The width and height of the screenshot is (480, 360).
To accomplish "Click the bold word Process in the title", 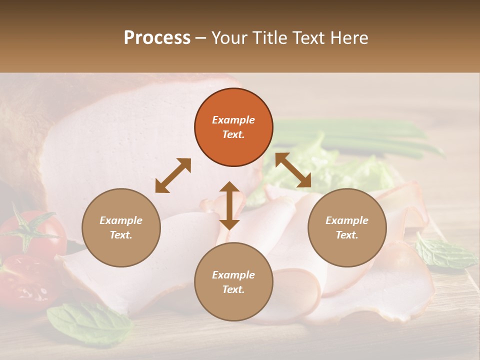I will [x=157, y=38].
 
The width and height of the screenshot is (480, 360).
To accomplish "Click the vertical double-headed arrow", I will [x=229, y=205].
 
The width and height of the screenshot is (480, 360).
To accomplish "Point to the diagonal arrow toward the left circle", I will [x=173, y=175].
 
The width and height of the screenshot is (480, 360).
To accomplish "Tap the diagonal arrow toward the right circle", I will [x=293, y=170].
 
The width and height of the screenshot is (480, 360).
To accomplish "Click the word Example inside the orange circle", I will [x=233, y=120].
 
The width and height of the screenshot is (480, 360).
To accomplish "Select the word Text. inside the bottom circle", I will [x=233, y=289].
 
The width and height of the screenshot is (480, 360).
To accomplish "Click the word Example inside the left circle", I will [x=121, y=220].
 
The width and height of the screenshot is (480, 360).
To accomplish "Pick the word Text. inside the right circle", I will [x=347, y=235].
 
